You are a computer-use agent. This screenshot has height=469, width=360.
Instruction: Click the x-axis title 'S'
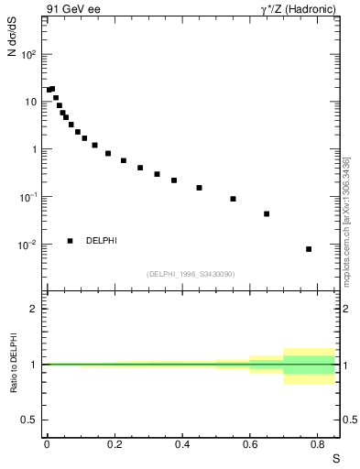334,458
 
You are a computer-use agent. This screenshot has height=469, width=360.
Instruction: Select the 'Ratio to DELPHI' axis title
13,364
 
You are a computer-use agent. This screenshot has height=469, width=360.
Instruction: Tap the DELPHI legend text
102,241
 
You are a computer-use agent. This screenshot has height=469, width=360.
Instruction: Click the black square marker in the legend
71,241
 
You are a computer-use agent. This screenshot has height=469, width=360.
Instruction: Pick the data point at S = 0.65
267,213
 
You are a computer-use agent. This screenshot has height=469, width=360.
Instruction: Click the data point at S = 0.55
233,199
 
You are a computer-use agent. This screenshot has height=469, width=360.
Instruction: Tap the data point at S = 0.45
199,188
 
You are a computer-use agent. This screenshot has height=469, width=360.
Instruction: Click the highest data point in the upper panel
52,89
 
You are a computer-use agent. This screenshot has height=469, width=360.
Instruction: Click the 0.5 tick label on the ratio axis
29,420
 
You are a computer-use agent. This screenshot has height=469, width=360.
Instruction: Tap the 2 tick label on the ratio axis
33,309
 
